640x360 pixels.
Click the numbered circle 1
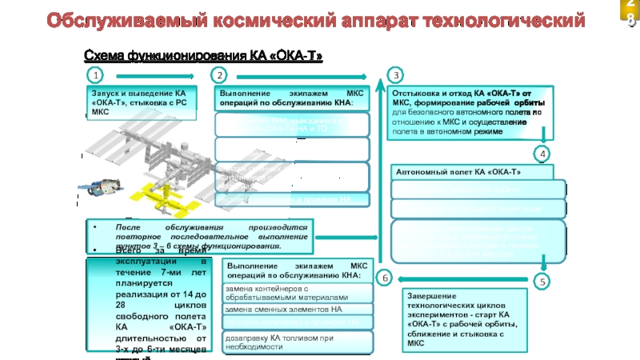click(x=95, y=75)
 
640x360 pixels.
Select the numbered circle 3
click(x=394, y=75)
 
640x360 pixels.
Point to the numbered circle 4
click(x=543, y=153)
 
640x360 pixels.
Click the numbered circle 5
click(x=543, y=282)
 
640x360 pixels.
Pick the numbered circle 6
click(x=383, y=278)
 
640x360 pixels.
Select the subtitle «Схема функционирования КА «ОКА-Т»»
click(x=204, y=55)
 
